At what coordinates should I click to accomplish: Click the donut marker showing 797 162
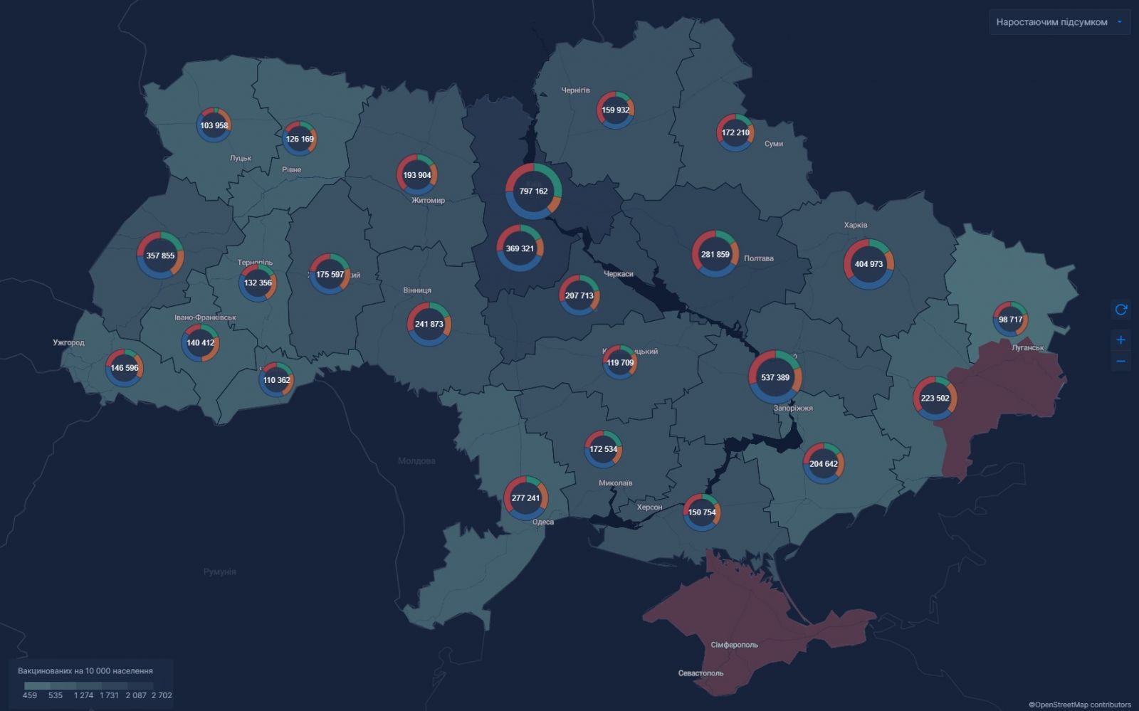[x=533, y=191]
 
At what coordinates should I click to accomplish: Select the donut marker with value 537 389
[x=775, y=377]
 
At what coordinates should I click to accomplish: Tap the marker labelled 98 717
[x=1010, y=319]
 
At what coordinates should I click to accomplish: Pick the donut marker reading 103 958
[x=214, y=125]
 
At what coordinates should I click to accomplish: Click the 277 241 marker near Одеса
[x=525, y=498]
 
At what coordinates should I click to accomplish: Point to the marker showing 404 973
[x=868, y=264]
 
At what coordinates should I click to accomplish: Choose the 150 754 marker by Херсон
[x=702, y=512]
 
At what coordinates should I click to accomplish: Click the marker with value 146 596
[x=125, y=368]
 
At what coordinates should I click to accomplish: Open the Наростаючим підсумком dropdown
[x=1059, y=22]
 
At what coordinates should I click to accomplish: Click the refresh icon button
[x=1120, y=310]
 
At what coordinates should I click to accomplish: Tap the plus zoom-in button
[x=1120, y=339]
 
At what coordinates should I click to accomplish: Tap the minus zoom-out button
[x=1120, y=361]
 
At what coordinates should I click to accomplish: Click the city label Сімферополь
[x=734, y=645]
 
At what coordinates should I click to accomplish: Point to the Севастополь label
[x=700, y=673]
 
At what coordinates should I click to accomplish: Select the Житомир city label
[x=428, y=200]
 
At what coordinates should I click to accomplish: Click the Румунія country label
[x=219, y=572]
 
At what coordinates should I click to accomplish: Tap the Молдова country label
[x=416, y=460]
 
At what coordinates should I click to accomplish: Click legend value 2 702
[x=162, y=695]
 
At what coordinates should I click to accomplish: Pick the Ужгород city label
[x=68, y=342]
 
